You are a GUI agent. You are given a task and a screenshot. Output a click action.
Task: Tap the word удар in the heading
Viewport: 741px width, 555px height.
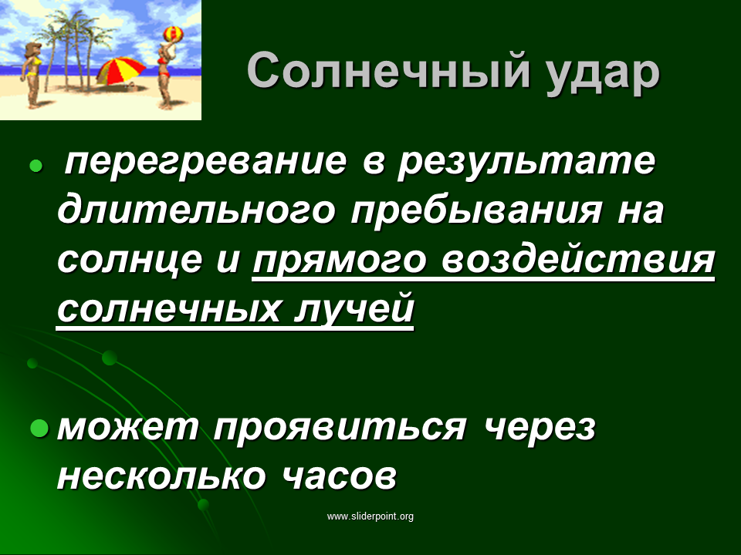pyautogui.click(x=602, y=74)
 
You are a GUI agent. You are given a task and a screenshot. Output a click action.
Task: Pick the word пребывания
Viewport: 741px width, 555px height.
pyautogui.click(x=476, y=210)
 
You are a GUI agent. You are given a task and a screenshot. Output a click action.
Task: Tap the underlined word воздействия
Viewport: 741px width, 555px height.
pyautogui.click(x=577, y=260)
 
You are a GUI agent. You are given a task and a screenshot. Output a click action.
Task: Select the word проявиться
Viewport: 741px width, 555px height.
pyautogui.click(x=340, y=429)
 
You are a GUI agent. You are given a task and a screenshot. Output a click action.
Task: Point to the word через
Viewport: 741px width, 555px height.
pyautogui.click(x=540, y=429)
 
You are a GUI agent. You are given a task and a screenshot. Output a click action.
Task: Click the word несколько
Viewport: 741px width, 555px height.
pyautogui.click(x=161, y=475)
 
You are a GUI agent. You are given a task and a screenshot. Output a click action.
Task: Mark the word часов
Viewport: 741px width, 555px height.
pyautogui.click(x=340, y=476)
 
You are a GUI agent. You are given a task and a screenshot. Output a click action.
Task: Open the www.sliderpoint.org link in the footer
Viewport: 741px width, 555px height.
pyautogui.click(x=370, y=516)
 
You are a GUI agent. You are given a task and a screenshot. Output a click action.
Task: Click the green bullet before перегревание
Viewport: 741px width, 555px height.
pyautogui.click(x=36, y=166)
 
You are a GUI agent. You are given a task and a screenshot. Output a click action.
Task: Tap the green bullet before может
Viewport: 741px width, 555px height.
pyautogui.click(x=39, y=428)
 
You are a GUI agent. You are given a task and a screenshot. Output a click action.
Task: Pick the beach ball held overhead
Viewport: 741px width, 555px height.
pyautogui.click(x=173, y=33)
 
